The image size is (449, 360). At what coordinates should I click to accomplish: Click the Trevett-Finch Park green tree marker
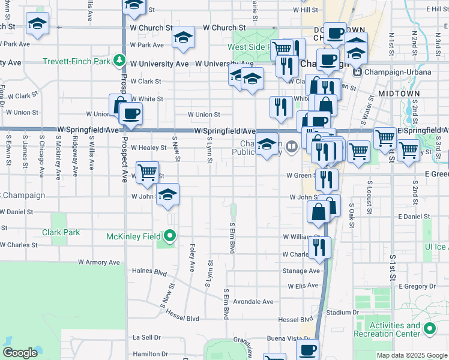[x=120, y=61]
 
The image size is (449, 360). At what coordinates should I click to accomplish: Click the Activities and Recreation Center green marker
[x=430, y=329]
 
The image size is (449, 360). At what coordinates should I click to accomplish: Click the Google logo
[x=20, y=353]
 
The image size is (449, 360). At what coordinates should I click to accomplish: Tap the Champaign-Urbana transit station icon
[x=358, y=72]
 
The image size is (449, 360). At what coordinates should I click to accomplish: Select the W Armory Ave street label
[x=99, y=262]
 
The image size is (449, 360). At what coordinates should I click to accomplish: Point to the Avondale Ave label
[x=253, y=302]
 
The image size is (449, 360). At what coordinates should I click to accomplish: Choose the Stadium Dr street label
[x=342, y=313]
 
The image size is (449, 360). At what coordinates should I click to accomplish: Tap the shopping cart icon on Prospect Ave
[x=147, y=172]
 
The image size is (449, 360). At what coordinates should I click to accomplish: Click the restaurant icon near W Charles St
[x=319, y=247]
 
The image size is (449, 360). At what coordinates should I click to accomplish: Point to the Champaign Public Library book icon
[x=291, y=145]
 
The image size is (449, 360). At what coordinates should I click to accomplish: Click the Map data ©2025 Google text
[x=411, y=355]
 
